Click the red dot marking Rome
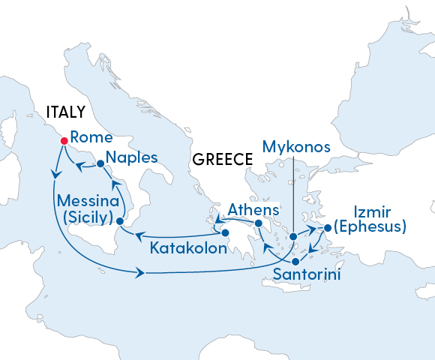click(63, 139)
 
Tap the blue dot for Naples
click(99, 163)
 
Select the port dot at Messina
click(120, 220)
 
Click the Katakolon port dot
click(224, 232)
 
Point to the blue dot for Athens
click(258, 223)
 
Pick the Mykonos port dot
click(293, 237)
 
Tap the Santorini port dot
click(295, 262)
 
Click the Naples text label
click(131, 158)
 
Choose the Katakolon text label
click(187, 247)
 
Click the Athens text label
click(253, 209)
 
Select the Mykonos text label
click(297, 147)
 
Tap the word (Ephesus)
click(370, 226)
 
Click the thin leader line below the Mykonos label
click(292, 195)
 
